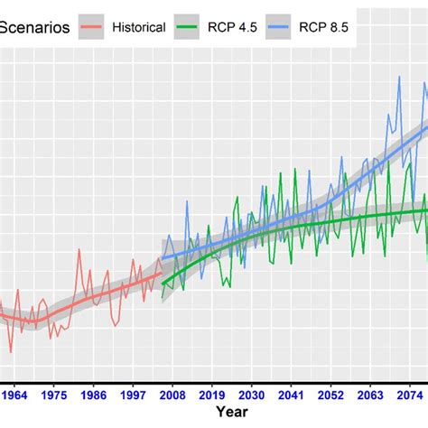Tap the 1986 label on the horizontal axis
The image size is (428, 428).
point(93,395)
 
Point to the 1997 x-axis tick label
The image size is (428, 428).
point(133,395)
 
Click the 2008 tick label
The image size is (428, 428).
point(172,395)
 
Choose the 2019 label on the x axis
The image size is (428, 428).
point(212,395)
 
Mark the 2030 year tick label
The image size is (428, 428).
point(252,395)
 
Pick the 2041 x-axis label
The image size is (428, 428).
point(291,395)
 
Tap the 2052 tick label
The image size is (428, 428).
point(330,395)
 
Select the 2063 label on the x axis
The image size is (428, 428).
point(370,395)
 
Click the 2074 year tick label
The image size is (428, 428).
point(409,395)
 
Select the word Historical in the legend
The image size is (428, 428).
point(138,27)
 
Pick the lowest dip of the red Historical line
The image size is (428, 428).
point(11,352)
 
